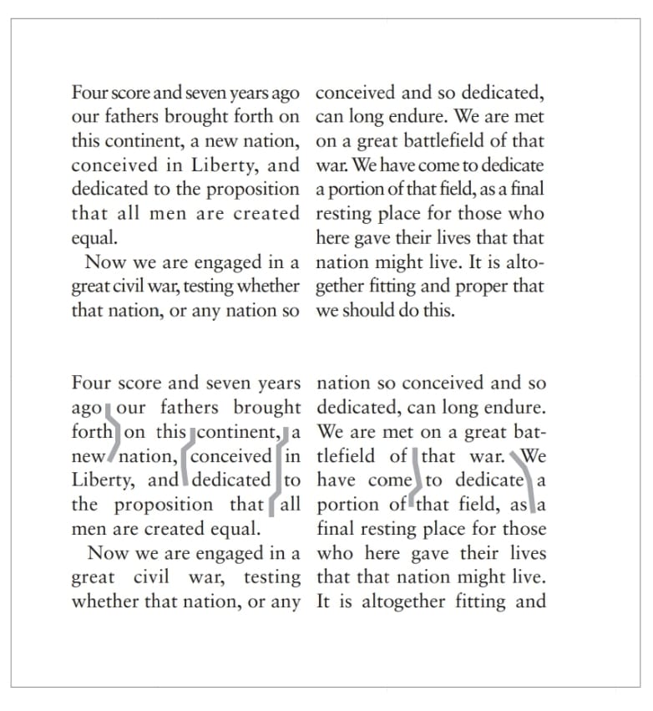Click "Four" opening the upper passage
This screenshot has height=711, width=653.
[x=89, y=93]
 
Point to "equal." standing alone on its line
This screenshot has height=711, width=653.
[x=94, y=238]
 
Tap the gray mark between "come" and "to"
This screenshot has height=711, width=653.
[x=419, y=480]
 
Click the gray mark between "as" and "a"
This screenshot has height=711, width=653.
[x=531, y=505]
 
